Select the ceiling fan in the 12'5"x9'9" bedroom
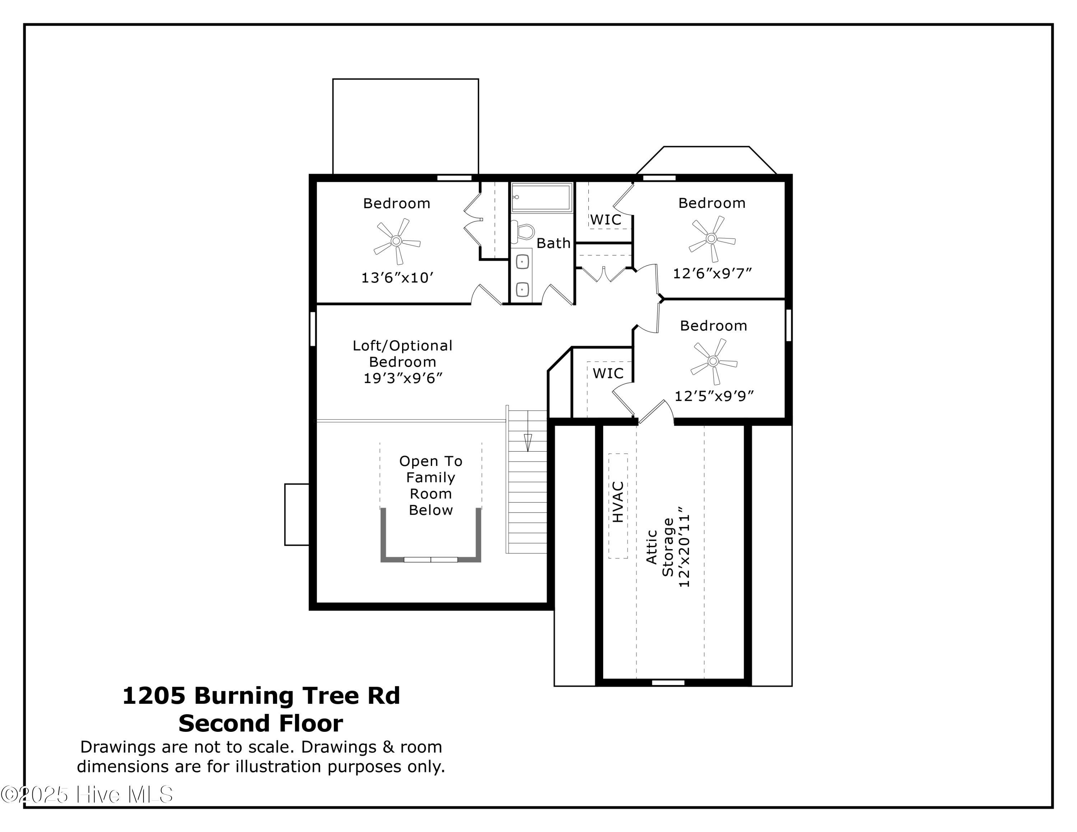pyautogui.click(x=713, y=361)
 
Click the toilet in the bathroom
pyautogui.click(x=523, y=231)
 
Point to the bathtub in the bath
pyautogui.click(x=541, y=197)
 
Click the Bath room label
pyautogui.click(x=553, y=243)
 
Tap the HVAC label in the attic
pyautogui.click(x=618, y=502)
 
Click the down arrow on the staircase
pyautogui.click(x=528, y=441)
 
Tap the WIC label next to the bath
pyautogui.click(x=606, y=220)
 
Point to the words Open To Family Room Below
pyautogui.click(x=430, y=486)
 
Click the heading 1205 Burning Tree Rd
pyautogui.click(x=261, y=696)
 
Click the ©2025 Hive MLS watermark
pyautogui.click(x=87, y=795)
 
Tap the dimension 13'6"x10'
pyautogui.click(x=397, y=278)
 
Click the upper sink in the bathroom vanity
pyautogui.click(x=522, y=261)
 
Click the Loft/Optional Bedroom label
pyautogui.click(x=402, y=354)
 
